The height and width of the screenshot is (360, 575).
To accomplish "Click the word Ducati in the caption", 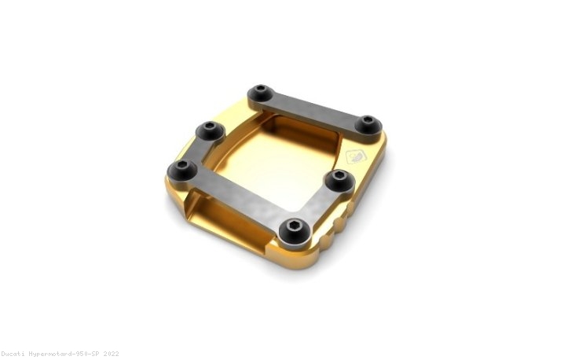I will coord(14,354).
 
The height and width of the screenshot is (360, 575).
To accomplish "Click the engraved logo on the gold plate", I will coord(355,156).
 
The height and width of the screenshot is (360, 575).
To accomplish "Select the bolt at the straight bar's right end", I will coord(368,124).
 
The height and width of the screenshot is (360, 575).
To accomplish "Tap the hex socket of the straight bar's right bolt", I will coord(368,123).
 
